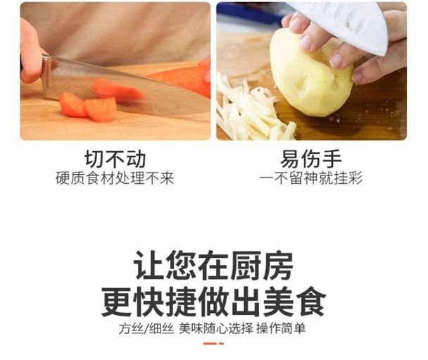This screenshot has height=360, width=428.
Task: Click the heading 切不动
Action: click(115, 159)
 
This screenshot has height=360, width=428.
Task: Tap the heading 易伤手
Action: click(311, 159)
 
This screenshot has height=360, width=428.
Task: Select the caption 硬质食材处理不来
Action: click(115, 178)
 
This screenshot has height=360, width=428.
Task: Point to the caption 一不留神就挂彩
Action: click(311, 178)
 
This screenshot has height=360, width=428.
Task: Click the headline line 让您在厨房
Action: click(213, 265)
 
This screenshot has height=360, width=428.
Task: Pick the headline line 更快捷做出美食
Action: click(214, 302)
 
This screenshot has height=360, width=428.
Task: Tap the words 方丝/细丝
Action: click(146, 328)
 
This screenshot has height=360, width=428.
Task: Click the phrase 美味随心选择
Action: click(216, 328)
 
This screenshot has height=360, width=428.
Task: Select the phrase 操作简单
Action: click(281, 328)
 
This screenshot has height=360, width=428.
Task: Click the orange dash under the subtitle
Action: click(213, 344)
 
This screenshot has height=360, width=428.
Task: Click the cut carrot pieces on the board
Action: click(88, 107)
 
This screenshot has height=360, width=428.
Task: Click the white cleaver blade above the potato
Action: click(349, 25)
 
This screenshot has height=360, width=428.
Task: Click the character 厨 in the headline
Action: click(245, 265)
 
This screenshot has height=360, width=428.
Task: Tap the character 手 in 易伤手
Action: click(332, 159)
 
